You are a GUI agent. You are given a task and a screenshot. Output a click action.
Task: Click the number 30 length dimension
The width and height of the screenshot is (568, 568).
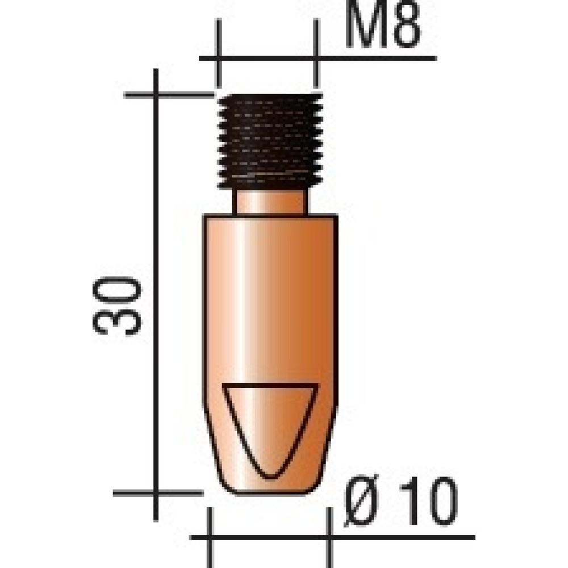(116, 305)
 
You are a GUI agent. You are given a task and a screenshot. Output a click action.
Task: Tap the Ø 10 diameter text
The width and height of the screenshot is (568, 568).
(400, 501)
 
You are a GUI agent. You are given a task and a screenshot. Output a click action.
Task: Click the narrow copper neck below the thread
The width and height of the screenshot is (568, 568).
(272, 202)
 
